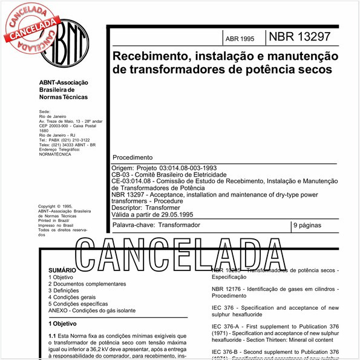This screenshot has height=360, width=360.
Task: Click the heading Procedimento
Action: pos(133,157)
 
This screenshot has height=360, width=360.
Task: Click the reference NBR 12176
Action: pos(233,290)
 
